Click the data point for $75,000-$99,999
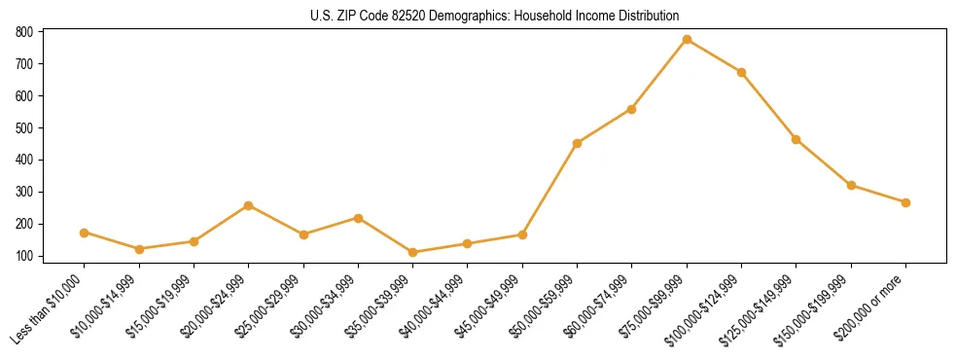pos(687,40)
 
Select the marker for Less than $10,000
pos(85,233)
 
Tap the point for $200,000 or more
pos(905,202)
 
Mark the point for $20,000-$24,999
pos(249,205)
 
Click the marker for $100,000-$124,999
pos(741,72)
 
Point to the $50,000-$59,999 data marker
pos(578,143)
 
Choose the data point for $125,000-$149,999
pos(797,139)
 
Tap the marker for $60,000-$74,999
pos(632,109)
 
